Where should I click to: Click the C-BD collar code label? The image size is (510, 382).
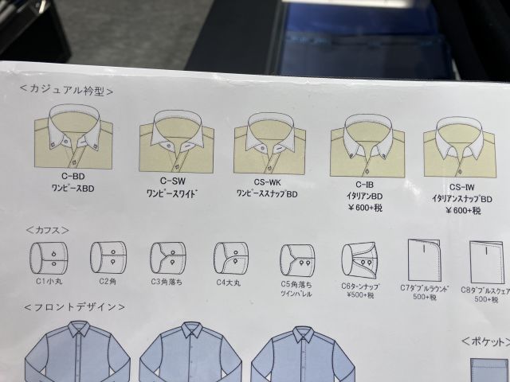[x=73, y=177]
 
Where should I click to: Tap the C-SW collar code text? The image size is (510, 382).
[x=172, y=181]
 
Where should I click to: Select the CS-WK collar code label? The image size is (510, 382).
[x=267, y=182]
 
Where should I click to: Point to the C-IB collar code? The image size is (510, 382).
[x=364, y=185]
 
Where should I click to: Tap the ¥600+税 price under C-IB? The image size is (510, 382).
[x=365, y=208]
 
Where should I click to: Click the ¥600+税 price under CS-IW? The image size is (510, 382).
[x=463, y=210]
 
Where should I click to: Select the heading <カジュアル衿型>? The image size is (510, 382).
[x=66, y=90]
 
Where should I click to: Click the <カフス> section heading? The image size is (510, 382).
[x=48, y=230]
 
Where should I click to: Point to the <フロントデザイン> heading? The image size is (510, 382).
[x=74, y=307]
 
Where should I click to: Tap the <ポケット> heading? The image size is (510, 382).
[x=485, y=341]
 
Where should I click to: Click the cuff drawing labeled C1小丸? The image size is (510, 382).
[x=49, y=259]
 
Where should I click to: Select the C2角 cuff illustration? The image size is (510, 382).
[x=108, y=257]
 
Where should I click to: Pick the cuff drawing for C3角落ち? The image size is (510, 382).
[x=168, y=258]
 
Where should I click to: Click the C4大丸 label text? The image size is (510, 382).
[x=229, y=283]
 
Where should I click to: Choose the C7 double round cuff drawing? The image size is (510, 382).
[x=425, y=260]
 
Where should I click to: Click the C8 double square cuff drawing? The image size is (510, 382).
[x=487, y=262]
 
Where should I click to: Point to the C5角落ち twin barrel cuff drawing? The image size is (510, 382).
[x=297, y=260]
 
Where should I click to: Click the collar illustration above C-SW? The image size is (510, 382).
[x=177, y=142]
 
